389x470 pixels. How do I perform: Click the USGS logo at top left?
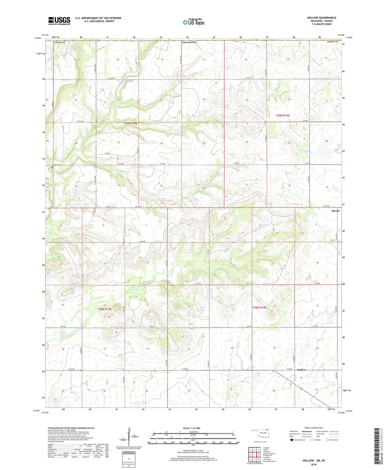59,21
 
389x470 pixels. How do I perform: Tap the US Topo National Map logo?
193,22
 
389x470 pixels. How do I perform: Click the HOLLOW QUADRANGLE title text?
321,18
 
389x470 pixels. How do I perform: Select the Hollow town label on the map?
301,370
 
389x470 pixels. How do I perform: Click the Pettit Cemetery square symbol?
52,167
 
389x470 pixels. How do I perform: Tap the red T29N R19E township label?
282,115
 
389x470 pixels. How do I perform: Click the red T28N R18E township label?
105,310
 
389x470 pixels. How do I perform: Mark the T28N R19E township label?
259,307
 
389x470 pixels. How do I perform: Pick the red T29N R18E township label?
130,123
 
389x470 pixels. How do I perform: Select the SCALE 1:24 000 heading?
191,428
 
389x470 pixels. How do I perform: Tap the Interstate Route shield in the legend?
292,440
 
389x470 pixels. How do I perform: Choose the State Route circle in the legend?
327,440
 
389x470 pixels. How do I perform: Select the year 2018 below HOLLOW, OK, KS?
314,464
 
